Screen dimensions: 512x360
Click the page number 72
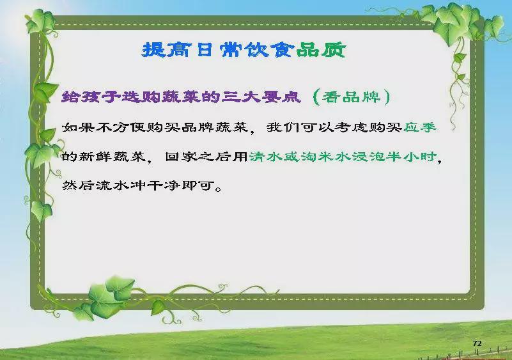point(477,343)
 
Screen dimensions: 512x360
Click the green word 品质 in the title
point(322,50)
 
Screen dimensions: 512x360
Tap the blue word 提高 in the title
point(166,50)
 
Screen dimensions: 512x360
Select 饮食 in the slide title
point(269,50)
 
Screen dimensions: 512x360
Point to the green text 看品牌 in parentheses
point(352,97)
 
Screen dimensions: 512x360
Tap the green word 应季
point(420,127)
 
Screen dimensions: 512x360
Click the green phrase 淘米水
point(326,157)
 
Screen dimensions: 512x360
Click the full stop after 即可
point(219,189)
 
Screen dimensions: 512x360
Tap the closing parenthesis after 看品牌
point(387,97)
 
